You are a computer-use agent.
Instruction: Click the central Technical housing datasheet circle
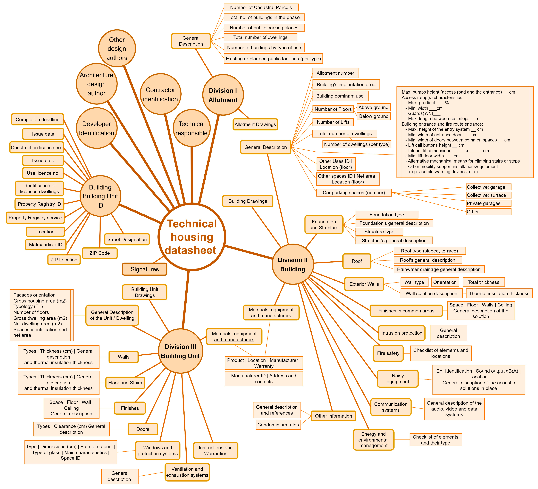192,237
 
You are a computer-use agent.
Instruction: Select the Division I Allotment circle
223,95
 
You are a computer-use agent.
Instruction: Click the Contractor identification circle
160,94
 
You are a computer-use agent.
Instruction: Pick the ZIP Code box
100,253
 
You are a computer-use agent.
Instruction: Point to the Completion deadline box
37,119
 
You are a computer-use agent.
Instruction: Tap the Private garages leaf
488,203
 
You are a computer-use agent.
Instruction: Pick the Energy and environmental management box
373,440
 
